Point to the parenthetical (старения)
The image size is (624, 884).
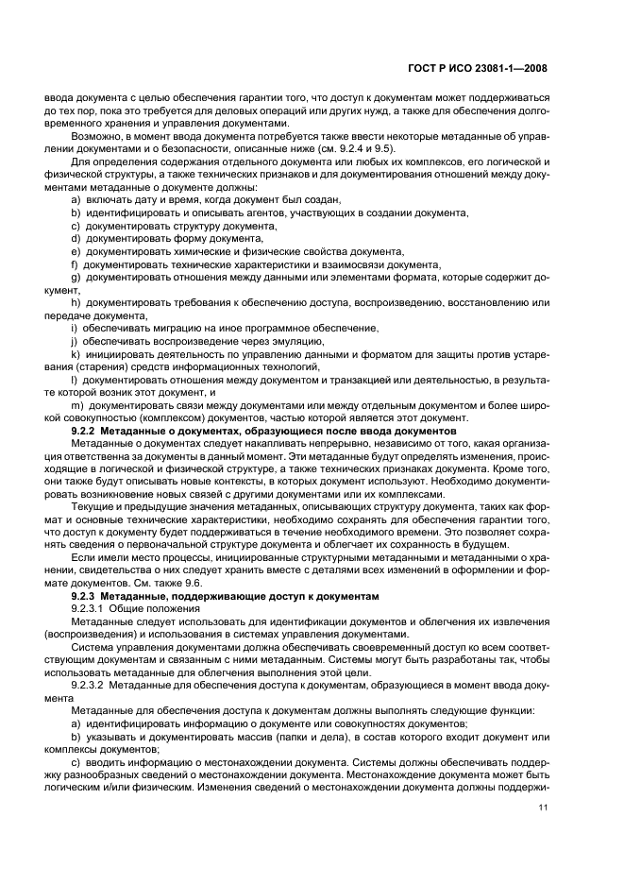click(x=68, y=365)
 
